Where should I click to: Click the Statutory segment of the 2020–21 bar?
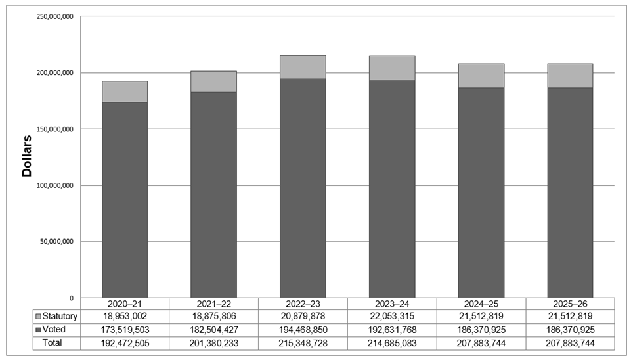(124, 91)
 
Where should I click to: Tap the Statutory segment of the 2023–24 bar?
(392, 68)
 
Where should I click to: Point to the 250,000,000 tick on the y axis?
(55, 16)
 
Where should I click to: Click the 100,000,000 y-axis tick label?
(55, 185)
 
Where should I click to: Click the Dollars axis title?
(27, 156)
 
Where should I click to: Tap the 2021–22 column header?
(213, 304)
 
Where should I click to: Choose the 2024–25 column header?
(481, 304)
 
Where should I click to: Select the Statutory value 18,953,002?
(125, 317)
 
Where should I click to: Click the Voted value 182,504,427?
(213, 330)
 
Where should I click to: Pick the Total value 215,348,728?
(303, 343)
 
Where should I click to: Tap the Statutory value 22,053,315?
(392, 317)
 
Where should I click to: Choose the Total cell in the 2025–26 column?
(570, 343)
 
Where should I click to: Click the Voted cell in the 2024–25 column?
(481, 330)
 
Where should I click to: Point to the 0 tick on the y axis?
(73, 298)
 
